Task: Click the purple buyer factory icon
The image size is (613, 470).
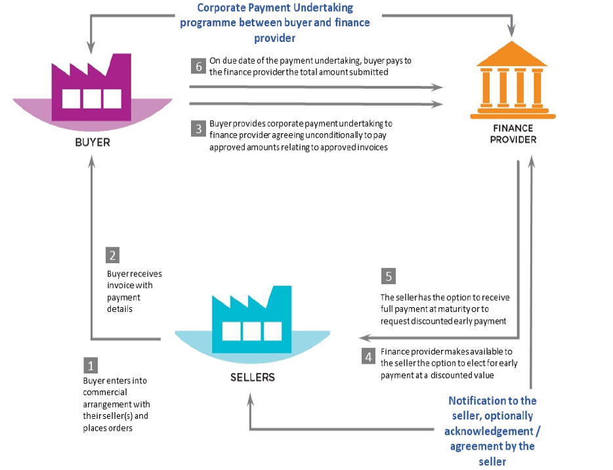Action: pyautogui.click(x=93, y=89)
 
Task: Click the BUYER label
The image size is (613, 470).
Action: pyautogui.click(x=93, y=140)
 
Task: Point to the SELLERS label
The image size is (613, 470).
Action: pyautogui.click(x=253, y=377)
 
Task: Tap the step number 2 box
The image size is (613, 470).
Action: pyautogui.click(x=114, y=256)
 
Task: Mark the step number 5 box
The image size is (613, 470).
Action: pyautogui.click(x=389, y=276)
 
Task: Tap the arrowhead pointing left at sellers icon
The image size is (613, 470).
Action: pyautogui.click(x=366, y=338)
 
